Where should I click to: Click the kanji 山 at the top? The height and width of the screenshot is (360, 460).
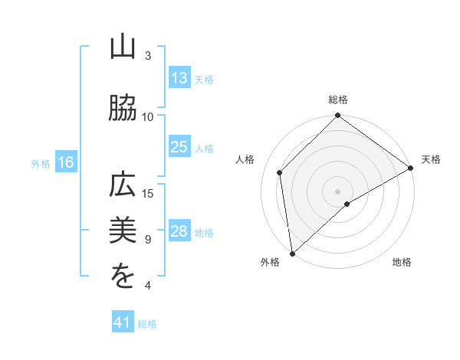point(123,48)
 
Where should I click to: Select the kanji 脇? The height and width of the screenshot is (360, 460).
point(123,109)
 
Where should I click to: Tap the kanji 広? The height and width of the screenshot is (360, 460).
point(123,187)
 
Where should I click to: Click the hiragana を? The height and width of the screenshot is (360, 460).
point(123,277)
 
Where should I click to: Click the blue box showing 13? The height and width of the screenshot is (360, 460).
point(179,77)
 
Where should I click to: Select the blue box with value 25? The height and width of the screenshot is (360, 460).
point(179,147)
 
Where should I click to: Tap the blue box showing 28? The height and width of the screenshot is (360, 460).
point(179,231)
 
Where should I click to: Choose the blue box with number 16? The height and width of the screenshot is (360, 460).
point(66,162)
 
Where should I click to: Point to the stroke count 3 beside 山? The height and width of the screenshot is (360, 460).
point(148,56)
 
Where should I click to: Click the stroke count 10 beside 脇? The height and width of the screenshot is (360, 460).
point(148,116)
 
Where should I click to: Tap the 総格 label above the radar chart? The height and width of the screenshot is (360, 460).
point(338,100)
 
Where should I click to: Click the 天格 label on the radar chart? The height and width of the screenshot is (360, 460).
point(431,159)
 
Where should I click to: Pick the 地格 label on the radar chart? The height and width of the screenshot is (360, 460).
point(402,262)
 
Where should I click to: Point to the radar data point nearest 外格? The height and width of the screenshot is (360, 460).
point(291,254)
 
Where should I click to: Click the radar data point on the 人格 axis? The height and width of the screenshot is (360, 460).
point(280,172)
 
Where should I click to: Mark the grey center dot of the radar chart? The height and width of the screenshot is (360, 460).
point(337,191)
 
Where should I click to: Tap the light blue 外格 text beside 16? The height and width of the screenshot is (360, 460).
point(41,163)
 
